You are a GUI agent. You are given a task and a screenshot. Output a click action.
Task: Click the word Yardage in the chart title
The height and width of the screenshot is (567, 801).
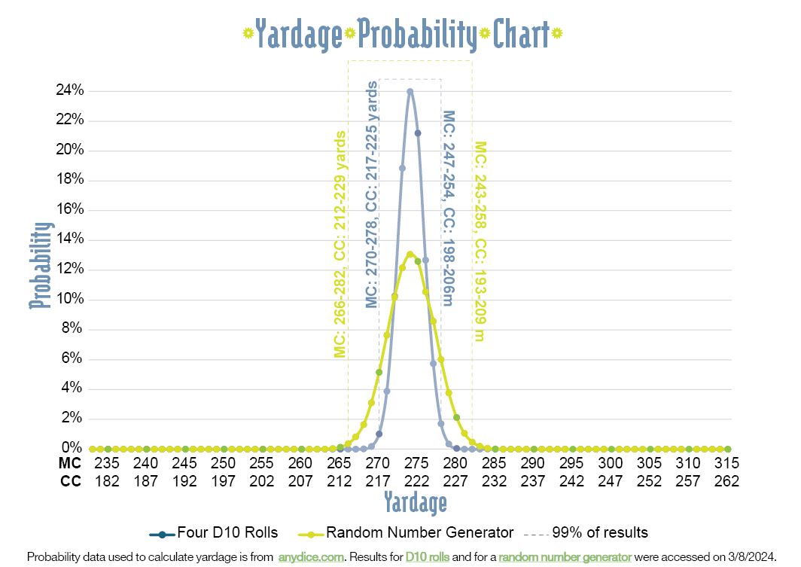pyautogui.click(x=299, y=34)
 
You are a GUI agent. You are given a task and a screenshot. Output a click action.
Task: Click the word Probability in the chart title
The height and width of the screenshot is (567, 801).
pyautogui.click(x=417, y=34)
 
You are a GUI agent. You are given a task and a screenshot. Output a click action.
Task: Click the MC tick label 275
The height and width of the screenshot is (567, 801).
pyautogui.click(x=416, y=463)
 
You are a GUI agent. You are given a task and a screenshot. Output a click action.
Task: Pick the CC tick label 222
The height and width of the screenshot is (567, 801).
pyautogui.click(x=416, y=480)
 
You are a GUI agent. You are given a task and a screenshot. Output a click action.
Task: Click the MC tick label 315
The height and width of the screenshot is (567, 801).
pyautogui.click(x=727, y=463)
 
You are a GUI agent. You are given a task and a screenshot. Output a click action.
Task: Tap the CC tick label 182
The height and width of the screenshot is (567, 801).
pyautogui.click(x=106, y=480)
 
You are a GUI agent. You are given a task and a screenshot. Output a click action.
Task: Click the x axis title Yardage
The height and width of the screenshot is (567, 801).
pyautogui.click(x=415, y=502)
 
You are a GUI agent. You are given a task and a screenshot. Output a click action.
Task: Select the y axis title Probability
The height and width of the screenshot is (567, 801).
pyautogui.click(x=42, y=265)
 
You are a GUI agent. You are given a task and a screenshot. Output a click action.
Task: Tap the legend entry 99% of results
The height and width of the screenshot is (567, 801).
pyautogui.click(x=599, y=533)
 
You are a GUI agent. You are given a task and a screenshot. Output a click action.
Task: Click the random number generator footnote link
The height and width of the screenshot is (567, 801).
pyautogui.click(x=564, y=557)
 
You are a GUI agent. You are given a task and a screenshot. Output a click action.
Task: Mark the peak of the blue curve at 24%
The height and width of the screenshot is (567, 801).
pyautogui.click(x=410, y=91)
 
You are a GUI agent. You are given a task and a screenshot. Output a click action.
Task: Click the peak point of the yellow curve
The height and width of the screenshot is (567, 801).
pyautogui.click(x=410, y=254)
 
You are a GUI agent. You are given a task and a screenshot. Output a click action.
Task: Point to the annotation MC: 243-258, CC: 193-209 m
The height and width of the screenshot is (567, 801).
pyautogui.click(x=480, y=242)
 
